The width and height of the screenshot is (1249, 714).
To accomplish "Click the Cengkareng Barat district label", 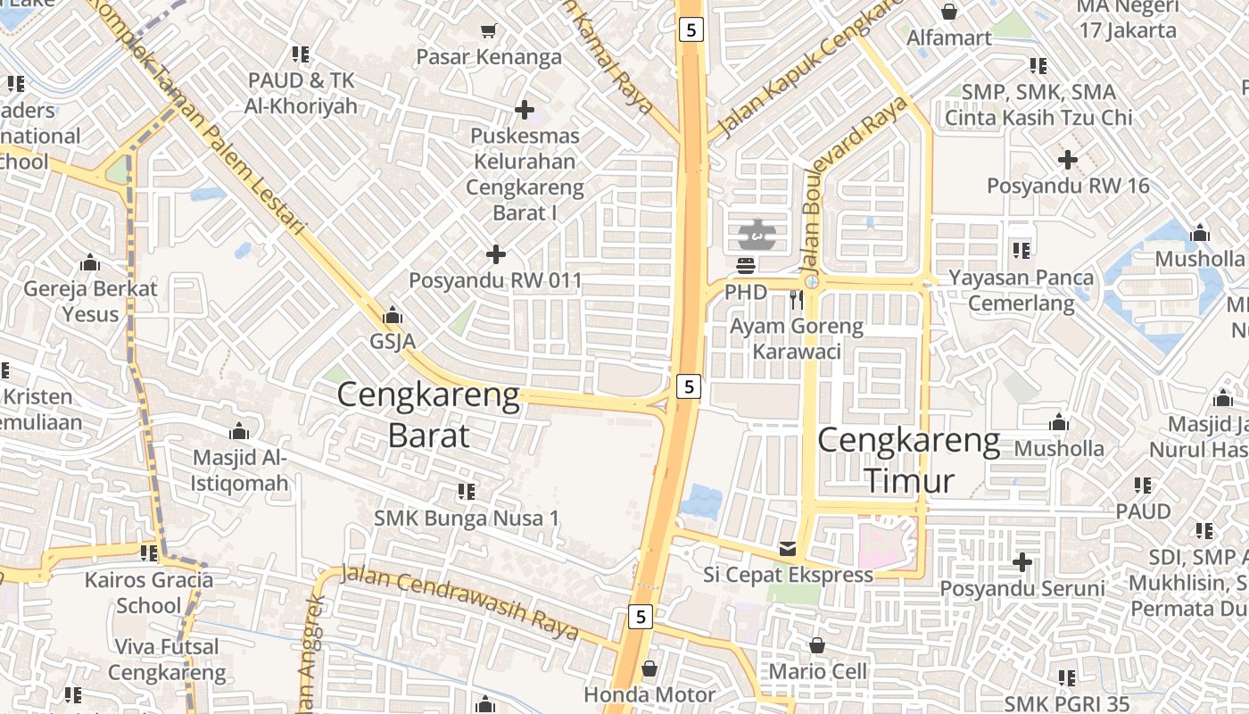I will [428, 415].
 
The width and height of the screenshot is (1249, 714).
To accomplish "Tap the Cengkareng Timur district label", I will [908, 461].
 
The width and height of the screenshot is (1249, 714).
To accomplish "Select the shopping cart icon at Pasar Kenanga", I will [488, 32].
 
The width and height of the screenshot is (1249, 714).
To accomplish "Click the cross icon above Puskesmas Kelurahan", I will [525, 110].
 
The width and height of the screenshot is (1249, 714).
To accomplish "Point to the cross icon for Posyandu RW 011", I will [496, 255].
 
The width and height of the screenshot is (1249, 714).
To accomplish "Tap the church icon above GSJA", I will [392, 316].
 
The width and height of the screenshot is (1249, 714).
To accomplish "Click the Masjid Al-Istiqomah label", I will [239, 470].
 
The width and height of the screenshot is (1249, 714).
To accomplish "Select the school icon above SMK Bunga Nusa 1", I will [466, 491].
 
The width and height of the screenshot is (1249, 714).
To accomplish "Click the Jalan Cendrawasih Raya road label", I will [459, 604].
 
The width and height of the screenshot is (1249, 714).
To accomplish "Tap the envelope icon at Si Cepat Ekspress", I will [788, 549].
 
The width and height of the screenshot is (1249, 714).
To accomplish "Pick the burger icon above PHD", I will [746, 265].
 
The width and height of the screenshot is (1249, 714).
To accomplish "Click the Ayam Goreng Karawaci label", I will [797, 338].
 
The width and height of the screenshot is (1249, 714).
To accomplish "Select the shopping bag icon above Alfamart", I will [949, 12].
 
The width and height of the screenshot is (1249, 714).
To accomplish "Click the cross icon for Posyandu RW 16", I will [1068, 161].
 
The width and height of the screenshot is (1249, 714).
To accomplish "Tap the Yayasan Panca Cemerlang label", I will [1022, 290].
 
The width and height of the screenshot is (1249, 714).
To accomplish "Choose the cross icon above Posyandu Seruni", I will [1022, 563].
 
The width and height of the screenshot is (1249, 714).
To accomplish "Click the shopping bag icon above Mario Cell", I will [817, 645].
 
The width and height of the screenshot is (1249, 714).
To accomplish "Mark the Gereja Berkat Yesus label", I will [90, 301].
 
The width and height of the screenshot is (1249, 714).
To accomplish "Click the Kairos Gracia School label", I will [149, 593].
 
